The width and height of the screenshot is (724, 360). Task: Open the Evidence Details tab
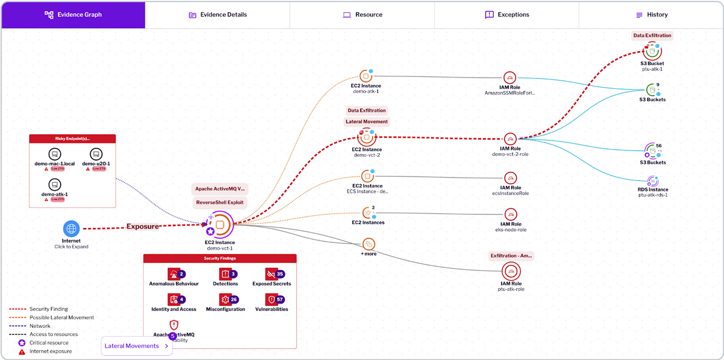pyautogui.click(x=217, y=15)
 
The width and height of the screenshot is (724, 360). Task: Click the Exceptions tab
pyautogui.click(x=507, y=15)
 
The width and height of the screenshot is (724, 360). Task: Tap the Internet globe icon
pyautogui.click(x=71, y=229)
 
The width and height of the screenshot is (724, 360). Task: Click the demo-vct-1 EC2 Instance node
pyautogui.click(x=220, y=225)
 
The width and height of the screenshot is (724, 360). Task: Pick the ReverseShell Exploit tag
pyautogui.click(x=220, y=203)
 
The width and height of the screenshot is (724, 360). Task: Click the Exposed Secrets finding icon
pyautogui.click(x=271, y=274)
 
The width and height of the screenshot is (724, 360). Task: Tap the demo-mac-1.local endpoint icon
pyautogui.click(x=54, y=154)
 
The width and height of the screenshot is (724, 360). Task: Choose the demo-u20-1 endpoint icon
pyautogui.click(x=96, y=154)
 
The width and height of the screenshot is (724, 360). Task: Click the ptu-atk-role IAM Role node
pyautogui.click(x=511, y=272)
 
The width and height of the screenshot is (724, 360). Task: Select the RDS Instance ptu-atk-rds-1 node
pyautogui.click(x=652, y=181)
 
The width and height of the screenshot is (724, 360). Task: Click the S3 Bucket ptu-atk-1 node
pyautogui.click(x=652, y=52)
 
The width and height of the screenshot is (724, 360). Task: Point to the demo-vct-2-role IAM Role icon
pyautogui.click(x=510, y=139)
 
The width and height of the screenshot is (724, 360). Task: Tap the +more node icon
pyautogui.click(x=368, y=244)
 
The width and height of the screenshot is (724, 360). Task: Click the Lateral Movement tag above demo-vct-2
pyautogui.click(x=367, y=122)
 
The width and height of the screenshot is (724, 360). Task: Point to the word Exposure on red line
pyautogui.click(x=143, y=226)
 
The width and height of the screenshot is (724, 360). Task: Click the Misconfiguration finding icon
pyautogui.click(x=225, y=300)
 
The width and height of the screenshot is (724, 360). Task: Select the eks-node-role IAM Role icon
pyautogui.click(x=510, y=215)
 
